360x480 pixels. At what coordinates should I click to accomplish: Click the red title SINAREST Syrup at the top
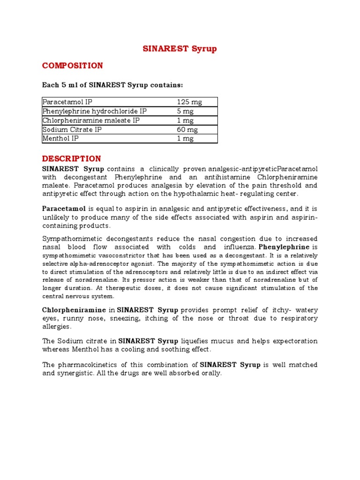tap(180, 49)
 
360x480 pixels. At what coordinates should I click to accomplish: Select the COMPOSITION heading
tap(73, 66)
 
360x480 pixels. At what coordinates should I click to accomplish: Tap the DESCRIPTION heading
tap(72, 158)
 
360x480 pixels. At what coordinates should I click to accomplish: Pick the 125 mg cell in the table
tap(189, 102)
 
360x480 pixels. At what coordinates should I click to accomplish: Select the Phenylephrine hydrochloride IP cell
tap(95, 111)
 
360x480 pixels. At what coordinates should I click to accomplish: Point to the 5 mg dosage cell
tap(185, 111)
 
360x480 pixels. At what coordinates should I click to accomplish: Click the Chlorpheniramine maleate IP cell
tap(91, 120)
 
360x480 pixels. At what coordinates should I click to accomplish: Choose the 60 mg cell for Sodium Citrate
tap(187, 129)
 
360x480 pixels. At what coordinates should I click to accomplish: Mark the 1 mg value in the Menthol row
tap(185, 138)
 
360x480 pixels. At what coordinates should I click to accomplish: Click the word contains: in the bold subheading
tap(169, 85)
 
